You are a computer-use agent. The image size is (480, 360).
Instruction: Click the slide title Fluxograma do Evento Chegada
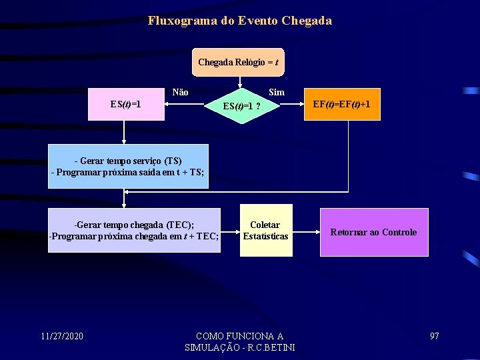240,21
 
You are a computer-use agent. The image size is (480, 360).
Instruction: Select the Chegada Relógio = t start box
238,62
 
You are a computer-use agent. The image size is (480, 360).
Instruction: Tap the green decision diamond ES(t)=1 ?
241,105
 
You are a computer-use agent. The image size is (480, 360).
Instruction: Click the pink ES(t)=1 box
126,105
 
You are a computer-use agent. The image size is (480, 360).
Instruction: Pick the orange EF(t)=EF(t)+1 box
342,105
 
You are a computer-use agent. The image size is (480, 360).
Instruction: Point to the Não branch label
180,93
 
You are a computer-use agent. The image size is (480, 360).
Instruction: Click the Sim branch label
276,93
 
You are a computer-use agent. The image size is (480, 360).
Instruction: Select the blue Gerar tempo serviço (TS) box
128,167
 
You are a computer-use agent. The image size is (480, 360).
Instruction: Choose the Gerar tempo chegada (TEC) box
134,231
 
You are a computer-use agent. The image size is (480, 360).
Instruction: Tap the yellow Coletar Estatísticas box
265,231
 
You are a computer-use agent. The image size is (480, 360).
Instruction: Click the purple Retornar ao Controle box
374,232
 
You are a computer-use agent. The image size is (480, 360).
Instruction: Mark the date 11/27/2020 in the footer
61,335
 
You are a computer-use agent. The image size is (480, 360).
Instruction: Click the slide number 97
434,335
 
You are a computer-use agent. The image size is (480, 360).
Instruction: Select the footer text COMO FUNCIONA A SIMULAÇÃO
239,341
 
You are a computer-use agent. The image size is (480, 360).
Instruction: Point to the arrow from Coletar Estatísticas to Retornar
306,233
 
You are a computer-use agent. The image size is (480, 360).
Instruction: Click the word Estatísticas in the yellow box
265,236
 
